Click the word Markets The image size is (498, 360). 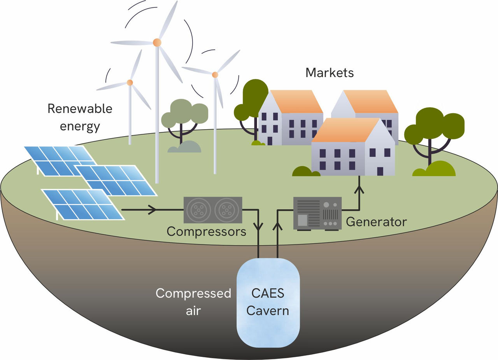point(330,73)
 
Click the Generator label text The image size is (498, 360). point(376,222)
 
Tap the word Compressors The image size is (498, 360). point(207,232)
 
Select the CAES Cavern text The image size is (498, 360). point(268,302)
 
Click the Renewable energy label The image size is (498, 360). point(79,117)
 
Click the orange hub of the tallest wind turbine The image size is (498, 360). point(157,42)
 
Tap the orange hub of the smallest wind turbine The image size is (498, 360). point(130,83)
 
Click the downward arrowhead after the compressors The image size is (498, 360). point(258,226)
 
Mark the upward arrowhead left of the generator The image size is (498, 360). point(277,226)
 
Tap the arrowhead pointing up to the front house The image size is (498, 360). point(359,190)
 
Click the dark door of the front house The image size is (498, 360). point(380,171)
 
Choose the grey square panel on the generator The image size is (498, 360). point(302,220)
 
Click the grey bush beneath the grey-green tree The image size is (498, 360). point(184,147)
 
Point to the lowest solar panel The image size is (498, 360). point(82,204)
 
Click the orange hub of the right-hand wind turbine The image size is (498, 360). point(215,74)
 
